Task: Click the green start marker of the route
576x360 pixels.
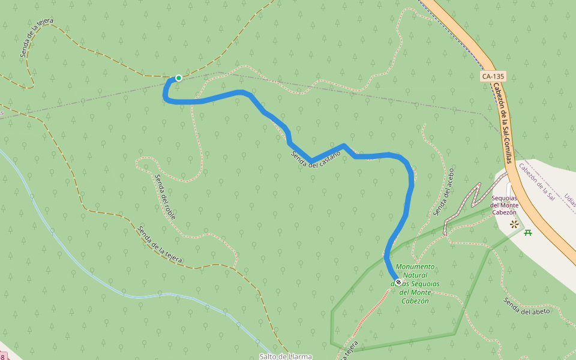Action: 178,78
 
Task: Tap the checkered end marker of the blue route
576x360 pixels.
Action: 398,281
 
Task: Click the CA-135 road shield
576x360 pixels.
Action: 493,77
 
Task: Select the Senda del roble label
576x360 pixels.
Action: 165,196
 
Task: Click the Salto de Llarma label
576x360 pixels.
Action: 286,356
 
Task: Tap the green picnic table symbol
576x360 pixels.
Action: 528,232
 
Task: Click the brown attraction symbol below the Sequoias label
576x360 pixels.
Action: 514,224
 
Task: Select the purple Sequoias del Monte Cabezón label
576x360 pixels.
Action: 504,205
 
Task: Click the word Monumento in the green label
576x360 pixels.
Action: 415,267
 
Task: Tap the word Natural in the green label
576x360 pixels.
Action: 415,275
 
